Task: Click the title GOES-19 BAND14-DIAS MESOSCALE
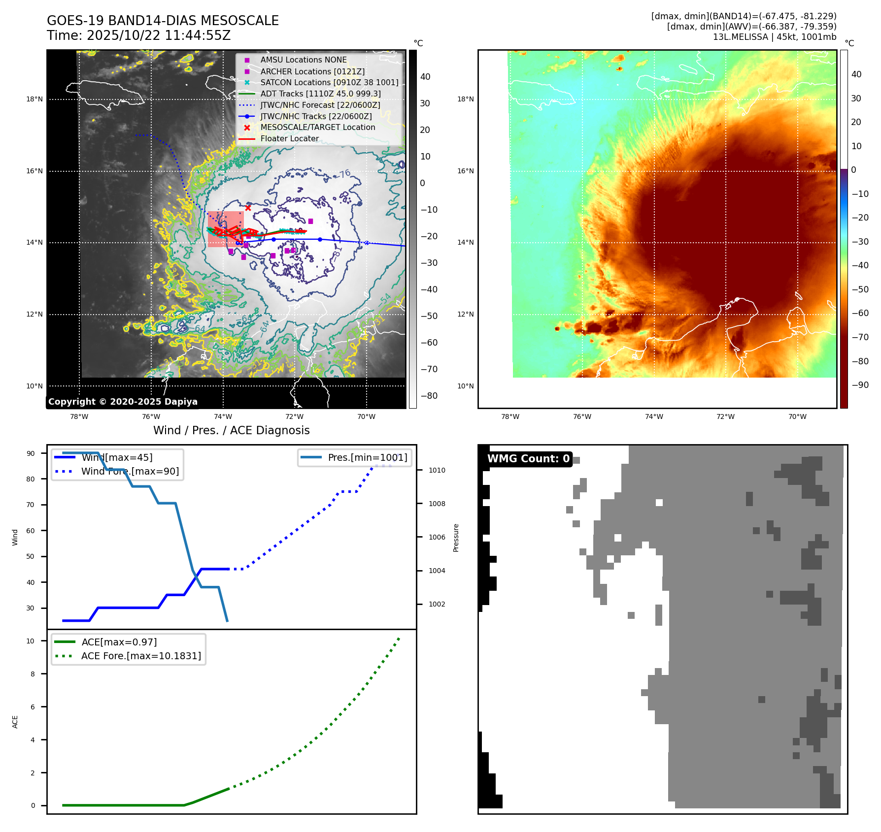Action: [x=163, y=21]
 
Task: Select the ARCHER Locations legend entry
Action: [x=312, y=71]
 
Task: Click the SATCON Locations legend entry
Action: [x=329, y=83]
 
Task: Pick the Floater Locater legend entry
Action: [x=289, y=139]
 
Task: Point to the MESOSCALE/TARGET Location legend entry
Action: [x=317, y=128]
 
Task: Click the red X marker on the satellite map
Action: [x=248, y=208]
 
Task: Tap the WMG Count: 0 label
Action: [x=528, y=459]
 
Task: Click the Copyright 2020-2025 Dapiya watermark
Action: [x=123, y=402]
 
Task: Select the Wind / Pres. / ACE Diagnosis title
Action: [x=231, y=430]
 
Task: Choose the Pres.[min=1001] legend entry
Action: [x=368, y=457]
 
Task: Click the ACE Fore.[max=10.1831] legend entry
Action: [x=141, y=656]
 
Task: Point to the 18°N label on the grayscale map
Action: [x=34, y=99]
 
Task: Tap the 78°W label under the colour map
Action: [x=510, y=416]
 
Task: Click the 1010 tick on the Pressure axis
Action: [x=437, y=470]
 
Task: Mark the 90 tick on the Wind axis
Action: [x=31, y=453]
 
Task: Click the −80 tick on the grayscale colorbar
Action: [x=429, y=396]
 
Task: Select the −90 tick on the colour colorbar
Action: [x=860, y=385]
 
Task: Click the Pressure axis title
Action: [x=456, y=538]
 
